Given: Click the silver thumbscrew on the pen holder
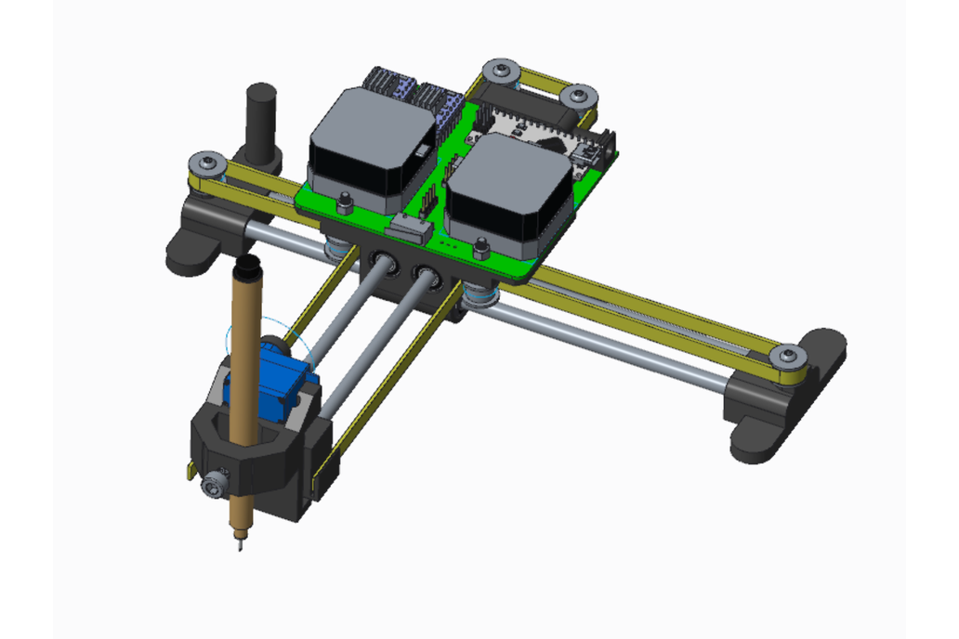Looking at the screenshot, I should (215, 484).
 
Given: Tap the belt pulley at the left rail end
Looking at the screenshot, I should (206, 164).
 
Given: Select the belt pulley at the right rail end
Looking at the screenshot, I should (788, 356).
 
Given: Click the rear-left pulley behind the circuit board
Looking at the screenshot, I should (502, 70).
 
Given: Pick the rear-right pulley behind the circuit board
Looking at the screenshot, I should (578, 96).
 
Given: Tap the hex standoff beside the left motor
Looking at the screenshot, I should (345, 202).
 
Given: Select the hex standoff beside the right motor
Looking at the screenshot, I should (480, 248).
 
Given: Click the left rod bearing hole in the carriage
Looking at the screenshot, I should (384, 264).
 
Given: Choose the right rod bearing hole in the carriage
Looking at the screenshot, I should (427, 276).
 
